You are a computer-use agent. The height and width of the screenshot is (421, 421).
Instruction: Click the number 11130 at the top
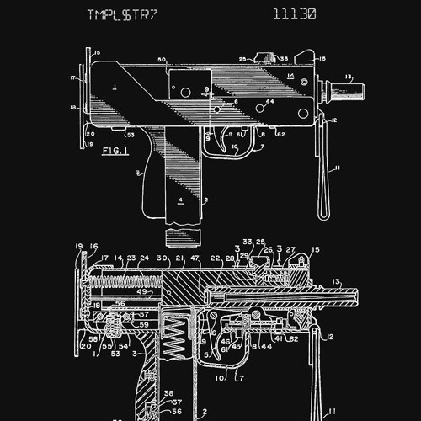pos(295,14)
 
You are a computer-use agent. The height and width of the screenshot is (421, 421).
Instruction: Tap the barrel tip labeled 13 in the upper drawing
pos(354,85)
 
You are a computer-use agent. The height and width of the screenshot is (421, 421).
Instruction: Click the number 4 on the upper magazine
pos(180,200)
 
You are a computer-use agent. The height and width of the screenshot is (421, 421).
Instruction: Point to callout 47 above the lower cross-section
pos(195,258)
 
